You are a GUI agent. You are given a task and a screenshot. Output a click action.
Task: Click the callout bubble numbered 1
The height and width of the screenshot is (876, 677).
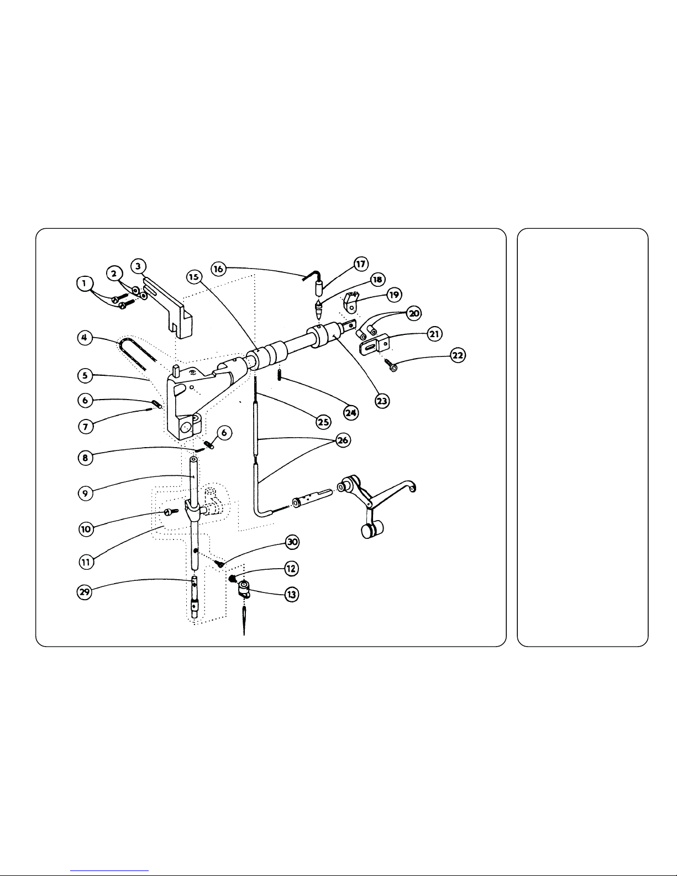click(83, 284)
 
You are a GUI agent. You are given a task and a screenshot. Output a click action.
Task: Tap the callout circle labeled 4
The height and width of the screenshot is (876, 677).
click(84, 337)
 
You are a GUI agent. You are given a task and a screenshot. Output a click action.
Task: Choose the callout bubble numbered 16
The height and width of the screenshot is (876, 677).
click(219, 269)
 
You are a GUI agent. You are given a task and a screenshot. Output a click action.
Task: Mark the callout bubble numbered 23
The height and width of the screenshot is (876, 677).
click(382, 401)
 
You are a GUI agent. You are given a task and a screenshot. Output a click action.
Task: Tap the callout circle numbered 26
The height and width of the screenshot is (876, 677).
click(342, 440)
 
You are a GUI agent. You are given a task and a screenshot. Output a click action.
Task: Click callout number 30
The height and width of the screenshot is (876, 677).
click(292, 543)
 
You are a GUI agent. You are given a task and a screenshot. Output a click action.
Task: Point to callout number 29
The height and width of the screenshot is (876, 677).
click(83, 591)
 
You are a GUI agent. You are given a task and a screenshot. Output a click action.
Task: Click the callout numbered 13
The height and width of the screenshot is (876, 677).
click(291, 594)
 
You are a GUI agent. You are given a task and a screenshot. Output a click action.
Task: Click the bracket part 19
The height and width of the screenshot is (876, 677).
click(350, 301)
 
